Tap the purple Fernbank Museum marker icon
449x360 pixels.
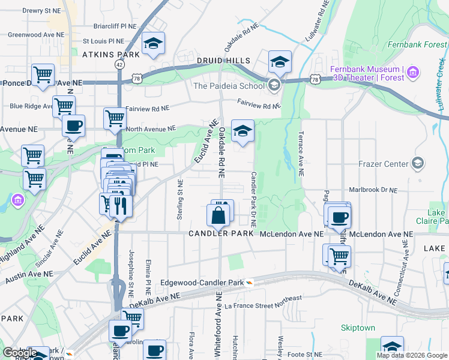pyautogui.click(x=412, y=73)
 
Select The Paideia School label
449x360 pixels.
pyautogui.click(x=229, y=86)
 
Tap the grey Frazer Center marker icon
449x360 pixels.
pyautogui.click(x=417, y=163)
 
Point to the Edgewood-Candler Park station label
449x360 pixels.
pyautogui.click(x=202, y=282)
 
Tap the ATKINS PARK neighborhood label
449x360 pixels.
pyautogui.click(x=110, y=55)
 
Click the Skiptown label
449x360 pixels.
pyautogui.click(x=358, y=328)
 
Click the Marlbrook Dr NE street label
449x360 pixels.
pyautogui.click(x=373, y=190)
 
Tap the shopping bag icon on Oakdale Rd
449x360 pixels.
pyautogui.click(x=218, y=214)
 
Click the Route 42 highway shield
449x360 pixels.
pyautogui.click(x=120, y=64)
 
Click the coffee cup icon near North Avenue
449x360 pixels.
pyautogui.click(x=73, y=125)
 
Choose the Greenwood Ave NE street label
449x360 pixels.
pyautogui.click(x=35, y=34)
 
